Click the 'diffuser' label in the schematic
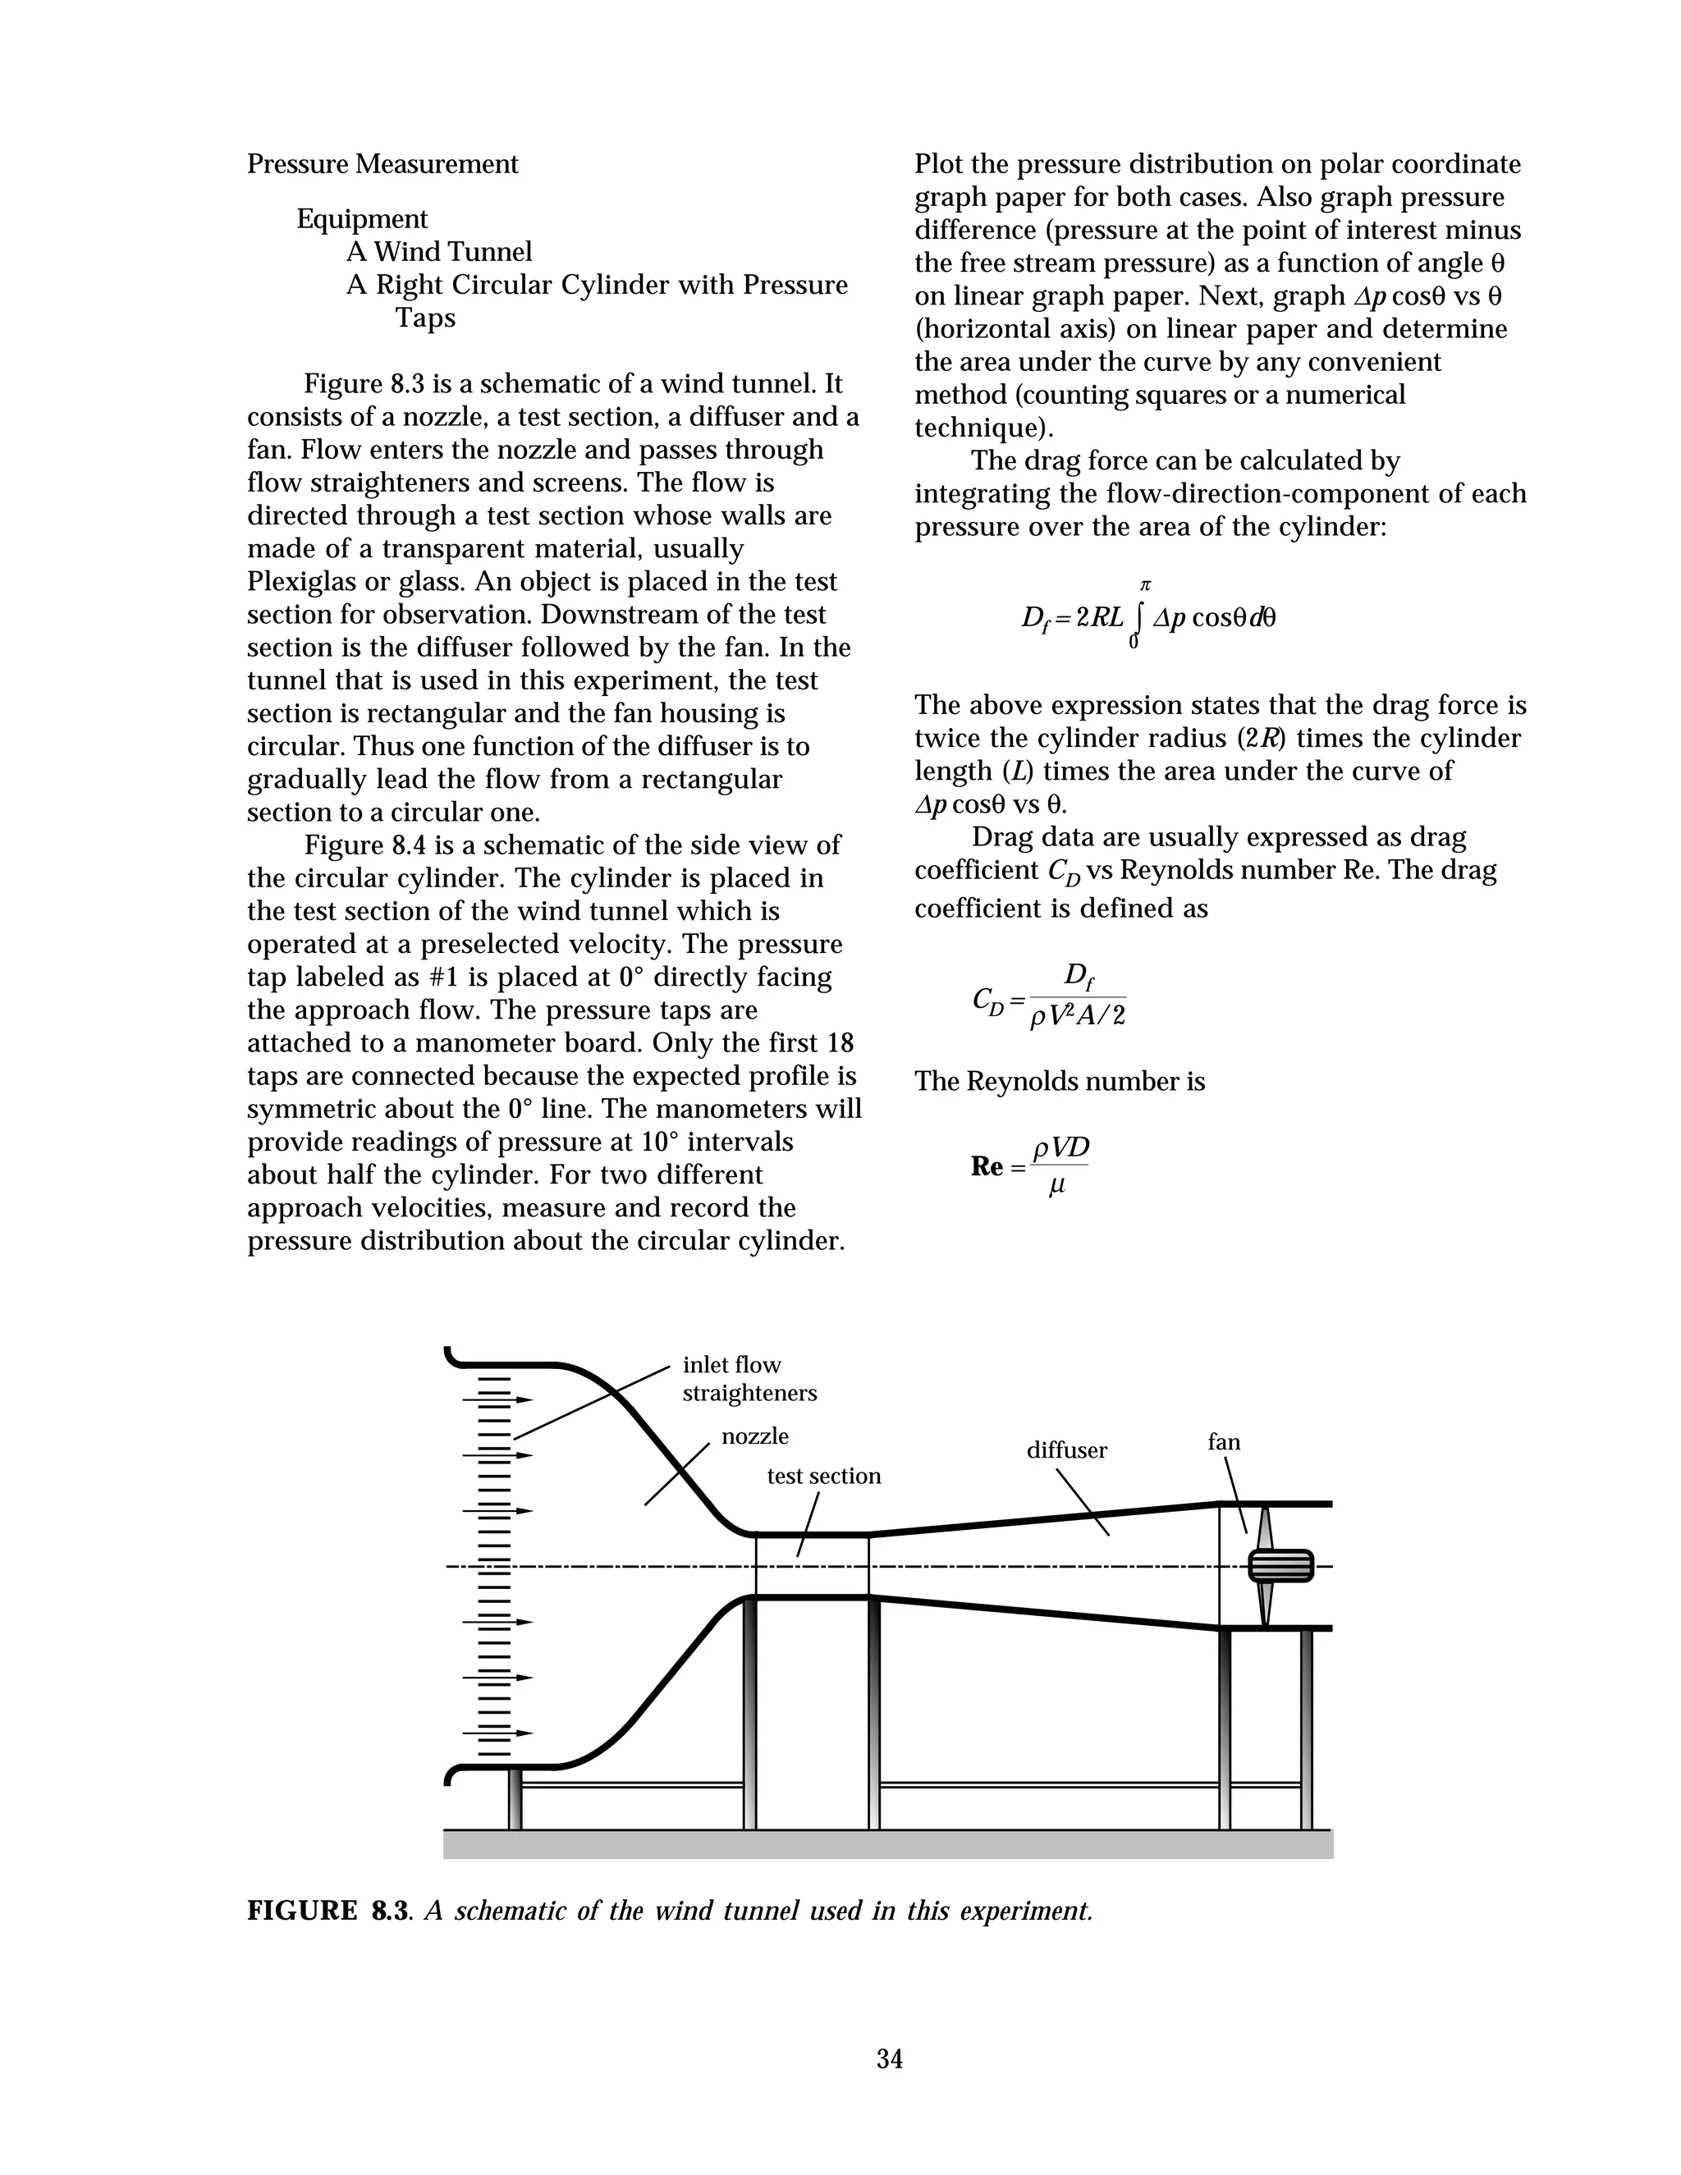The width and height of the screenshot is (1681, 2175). pos(1066,1450)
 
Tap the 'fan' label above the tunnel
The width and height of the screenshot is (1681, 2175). pos(1224,1442)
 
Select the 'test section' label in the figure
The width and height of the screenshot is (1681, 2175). pos(823,1476)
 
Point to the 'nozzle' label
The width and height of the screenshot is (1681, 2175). pos(755,1436)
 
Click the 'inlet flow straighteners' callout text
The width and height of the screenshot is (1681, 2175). pos(749,1378)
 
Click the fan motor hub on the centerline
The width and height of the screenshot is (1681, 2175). pos(1280,1565)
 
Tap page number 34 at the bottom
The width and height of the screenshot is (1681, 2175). pos(889,2058)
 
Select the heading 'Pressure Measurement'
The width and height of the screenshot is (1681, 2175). pos(382,164)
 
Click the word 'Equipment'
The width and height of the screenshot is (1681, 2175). pos(361,219)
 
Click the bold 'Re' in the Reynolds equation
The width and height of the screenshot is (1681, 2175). pos(987,1166)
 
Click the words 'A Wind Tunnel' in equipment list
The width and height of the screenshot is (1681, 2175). pos(439,252)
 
